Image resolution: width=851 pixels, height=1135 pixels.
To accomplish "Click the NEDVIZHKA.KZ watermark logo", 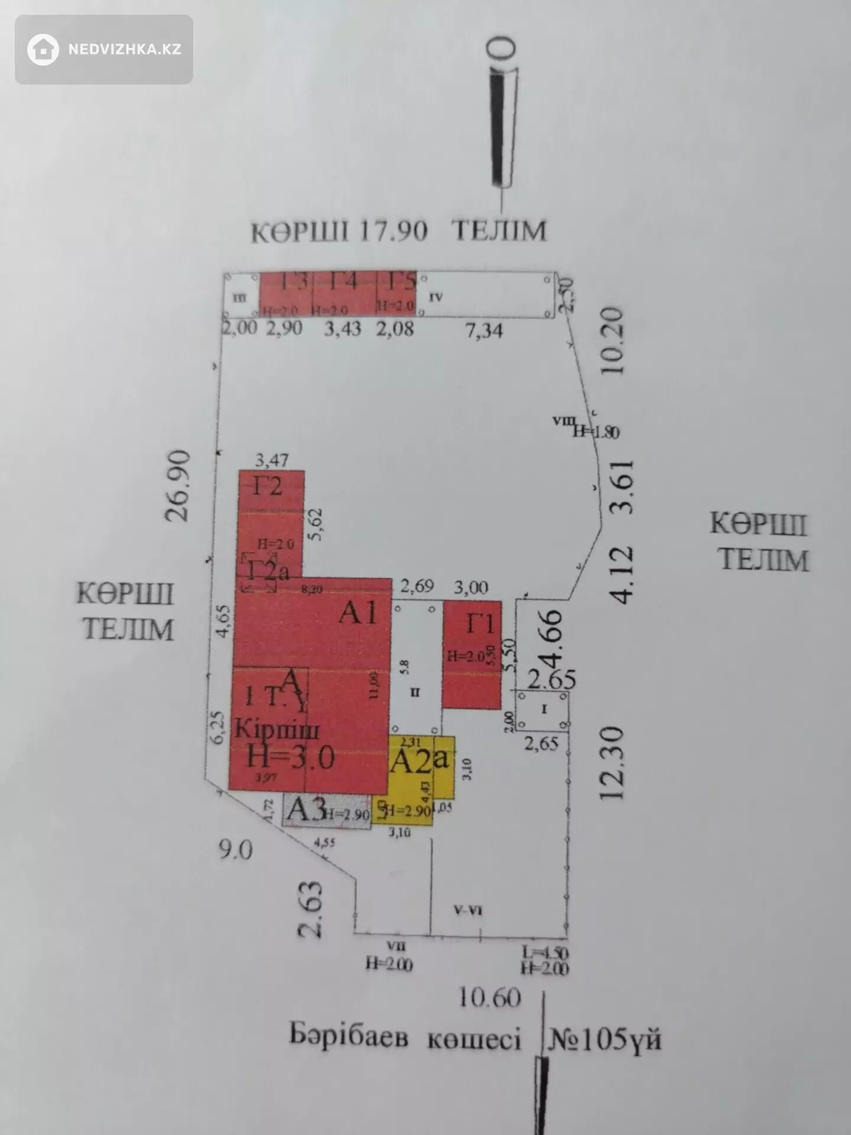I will (x=104, y=49).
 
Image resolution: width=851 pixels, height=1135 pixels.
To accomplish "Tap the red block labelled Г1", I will (x=472, y=655).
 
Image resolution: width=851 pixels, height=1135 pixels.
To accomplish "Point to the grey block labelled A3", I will (x=327, y=811).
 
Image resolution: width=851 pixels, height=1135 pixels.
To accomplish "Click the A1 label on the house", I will (x=358, y=613).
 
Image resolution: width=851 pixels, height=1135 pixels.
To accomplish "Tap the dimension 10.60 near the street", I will (x=490, y=998).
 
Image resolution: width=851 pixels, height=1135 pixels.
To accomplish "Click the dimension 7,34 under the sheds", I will (x=484, y=330).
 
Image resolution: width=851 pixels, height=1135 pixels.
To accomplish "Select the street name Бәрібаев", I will (x=349, y=1037).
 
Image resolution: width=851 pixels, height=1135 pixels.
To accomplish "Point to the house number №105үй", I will (x=605, y=1039).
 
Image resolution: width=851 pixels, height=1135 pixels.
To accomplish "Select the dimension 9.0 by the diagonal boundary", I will (x=235, y=849).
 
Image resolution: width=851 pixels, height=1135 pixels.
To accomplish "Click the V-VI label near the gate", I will (x=467, y=910).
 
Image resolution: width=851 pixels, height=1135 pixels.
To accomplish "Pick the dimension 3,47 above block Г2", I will (x=272, y=459).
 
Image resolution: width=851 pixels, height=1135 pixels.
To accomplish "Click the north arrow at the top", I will (x=502, y=118).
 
